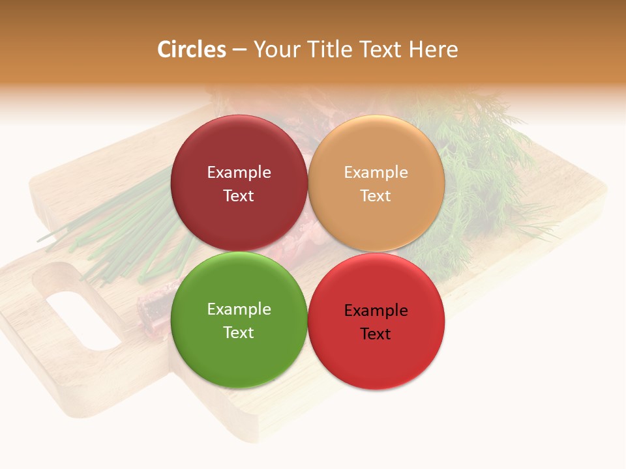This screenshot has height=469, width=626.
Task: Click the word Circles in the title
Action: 191,50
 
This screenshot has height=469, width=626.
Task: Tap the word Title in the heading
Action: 327,50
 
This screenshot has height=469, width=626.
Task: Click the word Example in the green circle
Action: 239,309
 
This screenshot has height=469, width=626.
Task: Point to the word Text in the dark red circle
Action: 239,195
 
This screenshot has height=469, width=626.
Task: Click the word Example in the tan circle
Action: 376,172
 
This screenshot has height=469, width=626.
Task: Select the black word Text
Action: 376,334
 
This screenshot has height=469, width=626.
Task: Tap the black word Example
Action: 376,310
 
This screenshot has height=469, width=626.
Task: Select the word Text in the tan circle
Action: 376,195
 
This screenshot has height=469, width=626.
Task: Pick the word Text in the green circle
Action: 239,332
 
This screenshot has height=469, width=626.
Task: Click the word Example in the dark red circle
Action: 239,172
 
